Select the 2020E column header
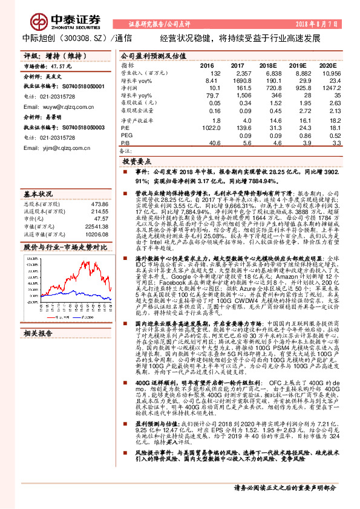tap(327, 65)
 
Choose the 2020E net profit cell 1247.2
tap(327, 88)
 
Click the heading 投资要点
tap(136, 162)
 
